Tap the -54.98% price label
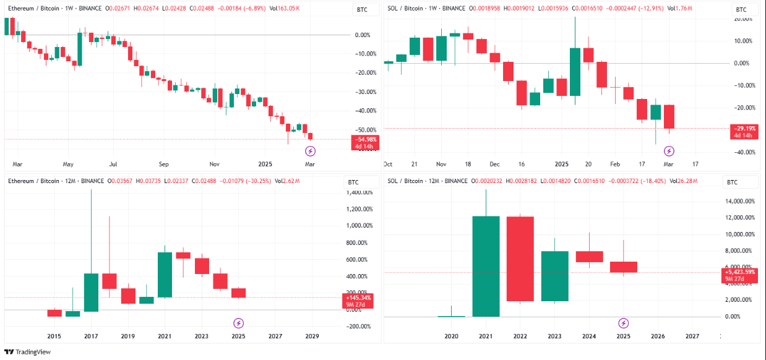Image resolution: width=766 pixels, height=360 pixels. click(363, 139)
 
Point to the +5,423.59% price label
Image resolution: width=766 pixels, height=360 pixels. click(740, 272)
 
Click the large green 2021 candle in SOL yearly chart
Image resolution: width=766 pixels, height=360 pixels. click(486, 266)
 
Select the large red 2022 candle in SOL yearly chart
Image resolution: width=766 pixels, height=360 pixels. click(520, 259)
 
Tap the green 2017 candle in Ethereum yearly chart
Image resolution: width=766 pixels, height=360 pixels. click(91, 292)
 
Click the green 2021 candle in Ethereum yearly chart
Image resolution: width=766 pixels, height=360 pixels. click(165, 275)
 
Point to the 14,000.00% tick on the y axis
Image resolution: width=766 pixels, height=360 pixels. click(741, 202)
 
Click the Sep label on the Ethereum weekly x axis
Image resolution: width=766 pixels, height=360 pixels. click(164, 165)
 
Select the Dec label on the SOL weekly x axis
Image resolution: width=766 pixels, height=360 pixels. click(494, 165)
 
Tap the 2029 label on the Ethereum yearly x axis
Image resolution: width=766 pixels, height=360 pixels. click(312, 336)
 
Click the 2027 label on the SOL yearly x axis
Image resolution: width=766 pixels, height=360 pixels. click(692, 336)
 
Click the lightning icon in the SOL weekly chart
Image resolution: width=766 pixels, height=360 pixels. click(669, 151)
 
